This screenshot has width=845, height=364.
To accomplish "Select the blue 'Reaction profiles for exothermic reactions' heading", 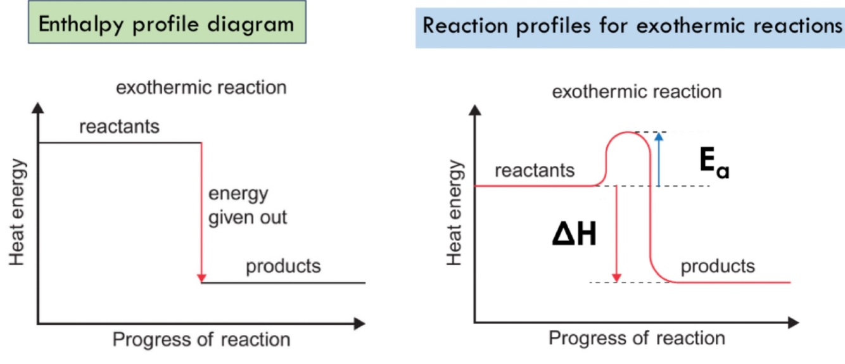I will [x=630, y=27].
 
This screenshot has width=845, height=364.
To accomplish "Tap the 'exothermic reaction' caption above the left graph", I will [x=201, y=87].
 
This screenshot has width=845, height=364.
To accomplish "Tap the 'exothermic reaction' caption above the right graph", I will [x=637, y=92].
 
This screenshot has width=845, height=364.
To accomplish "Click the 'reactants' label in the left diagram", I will [x=119, y=127].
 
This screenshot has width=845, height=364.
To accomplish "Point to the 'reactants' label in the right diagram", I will [x=535, y=170].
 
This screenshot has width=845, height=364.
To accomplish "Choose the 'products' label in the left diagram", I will [x=283, y=266].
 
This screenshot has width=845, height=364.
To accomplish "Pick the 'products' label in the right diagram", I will [x=718, y=266].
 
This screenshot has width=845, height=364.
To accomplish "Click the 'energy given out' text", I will [x=248, y=205].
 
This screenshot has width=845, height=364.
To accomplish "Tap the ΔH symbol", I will [x=574, y=235].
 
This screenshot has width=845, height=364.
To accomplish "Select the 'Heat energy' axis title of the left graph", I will [x=18, y=212].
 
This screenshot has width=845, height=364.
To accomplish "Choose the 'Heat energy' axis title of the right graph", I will [x=454, y=213].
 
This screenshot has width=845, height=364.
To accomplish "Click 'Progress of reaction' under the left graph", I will [x=201, y=339].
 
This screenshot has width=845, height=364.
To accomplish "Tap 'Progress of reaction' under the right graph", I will [x=637, y=337].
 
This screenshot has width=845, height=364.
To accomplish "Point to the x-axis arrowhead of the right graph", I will [x=794, y=324].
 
